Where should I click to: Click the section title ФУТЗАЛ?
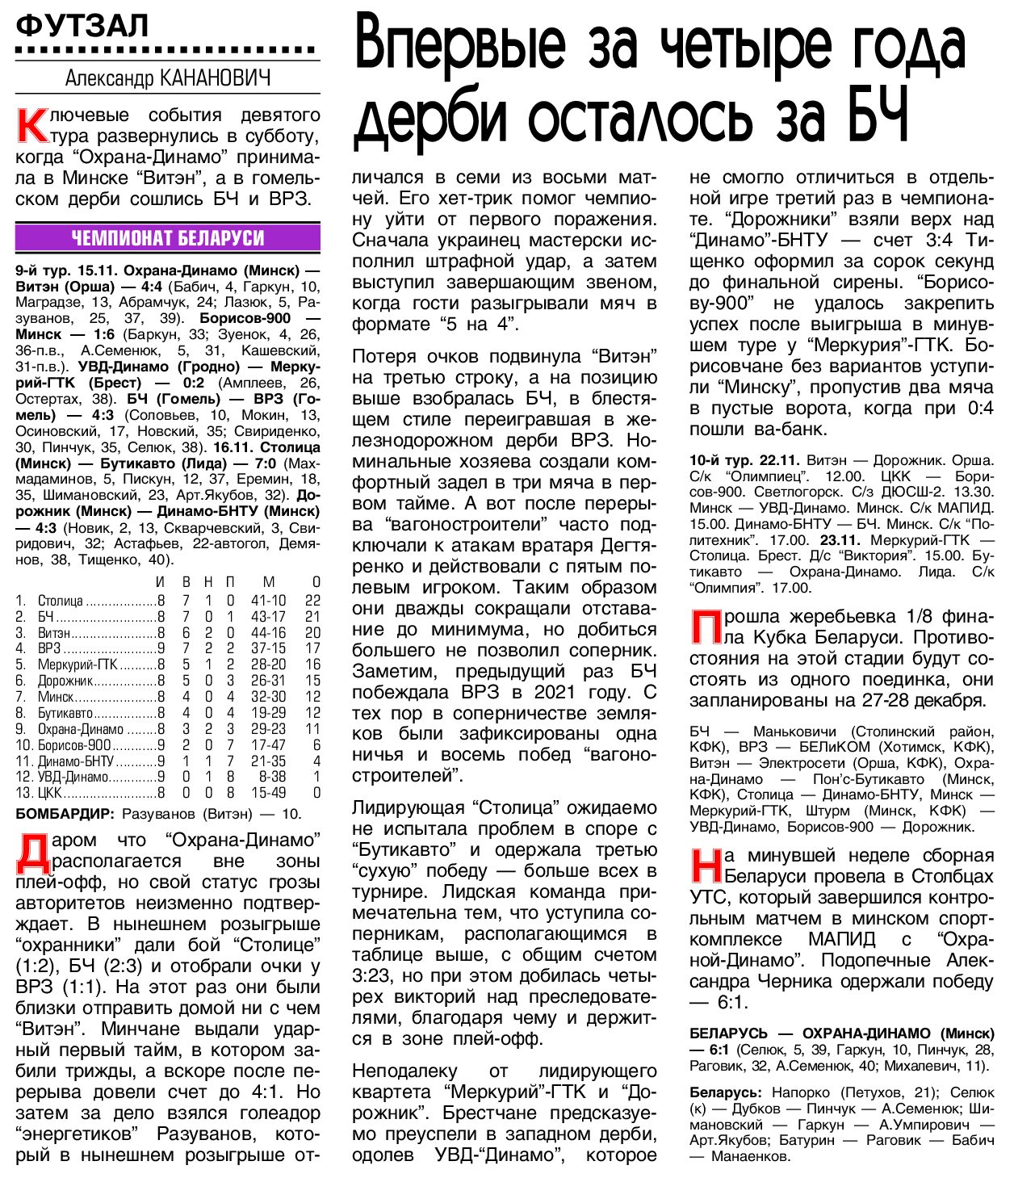(82, 26)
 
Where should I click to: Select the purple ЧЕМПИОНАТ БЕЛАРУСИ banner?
(168, 238)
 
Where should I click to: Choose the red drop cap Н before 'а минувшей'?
(706, 866)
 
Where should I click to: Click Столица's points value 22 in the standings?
(312, 601)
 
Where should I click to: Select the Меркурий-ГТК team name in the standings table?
(78, 664)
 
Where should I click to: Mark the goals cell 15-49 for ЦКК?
(268, 793)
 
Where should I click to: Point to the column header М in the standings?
(269, 582)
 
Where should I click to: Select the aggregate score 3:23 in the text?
(371, 976)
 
